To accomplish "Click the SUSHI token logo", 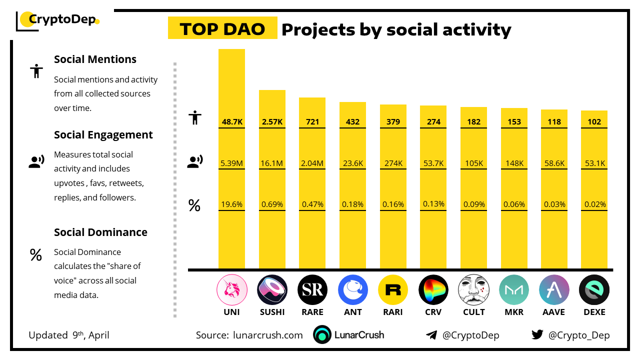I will click(272, 290).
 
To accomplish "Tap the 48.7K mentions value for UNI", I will click(231, 121).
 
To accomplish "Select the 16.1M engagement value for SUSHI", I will click(272, 162).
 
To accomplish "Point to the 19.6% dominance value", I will click(231, 204).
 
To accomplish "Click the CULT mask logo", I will click(473, 290).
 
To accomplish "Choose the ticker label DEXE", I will click(594, 312).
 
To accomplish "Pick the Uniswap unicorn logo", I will click(231, 290).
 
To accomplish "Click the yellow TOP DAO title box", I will click(222, 29).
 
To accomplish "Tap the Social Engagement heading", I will click(103, 134).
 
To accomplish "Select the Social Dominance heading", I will click(100, 232).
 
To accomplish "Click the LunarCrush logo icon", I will click(322, 335).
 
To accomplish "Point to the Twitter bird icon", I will click(537, 335).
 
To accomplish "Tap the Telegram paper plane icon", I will click(431, 335).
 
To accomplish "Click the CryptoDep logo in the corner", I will click(57, 20).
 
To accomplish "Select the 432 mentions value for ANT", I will click(352, 121).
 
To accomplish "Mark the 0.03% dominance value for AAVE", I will click(554, 204).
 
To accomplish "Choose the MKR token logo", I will click(514, 290).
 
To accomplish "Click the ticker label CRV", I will click(433, 312).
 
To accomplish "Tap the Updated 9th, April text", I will click(69, 335).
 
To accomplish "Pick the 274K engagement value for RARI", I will click(393, 162).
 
